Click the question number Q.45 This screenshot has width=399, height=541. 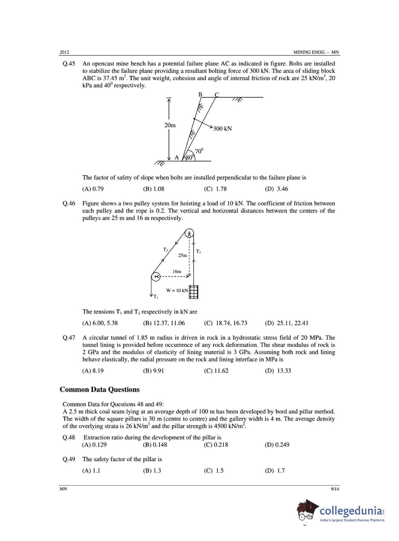(x=68, y=63)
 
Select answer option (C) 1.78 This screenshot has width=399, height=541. (x=215, y=189)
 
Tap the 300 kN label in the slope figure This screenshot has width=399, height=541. (x=222, y=128)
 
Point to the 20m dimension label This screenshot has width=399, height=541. (x=170, y=125)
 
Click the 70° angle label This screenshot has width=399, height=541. (x=199, y=151)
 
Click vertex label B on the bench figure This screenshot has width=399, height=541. (x=200, y=95)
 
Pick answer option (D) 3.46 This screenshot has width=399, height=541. (x=276, y=189)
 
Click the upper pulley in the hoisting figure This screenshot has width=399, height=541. (x=190, y=233)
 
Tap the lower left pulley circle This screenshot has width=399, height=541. (x=156, y=276)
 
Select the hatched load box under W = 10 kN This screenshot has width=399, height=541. (x=194, y=292)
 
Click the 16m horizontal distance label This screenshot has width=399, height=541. (x=177, y=271)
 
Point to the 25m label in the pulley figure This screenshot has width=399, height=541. (x=182, y=255)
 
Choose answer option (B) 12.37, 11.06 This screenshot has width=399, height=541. (x=164, y=323)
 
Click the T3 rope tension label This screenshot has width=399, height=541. (x=198, y=251)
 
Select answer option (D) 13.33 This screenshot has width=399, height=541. (x=278, y=371)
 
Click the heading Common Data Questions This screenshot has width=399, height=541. (x=100, y=389)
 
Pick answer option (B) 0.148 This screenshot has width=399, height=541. (x=155, y=444)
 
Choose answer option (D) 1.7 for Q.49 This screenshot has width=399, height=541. (x=275, y=470)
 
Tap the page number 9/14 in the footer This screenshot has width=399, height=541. (x=334, y=489)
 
